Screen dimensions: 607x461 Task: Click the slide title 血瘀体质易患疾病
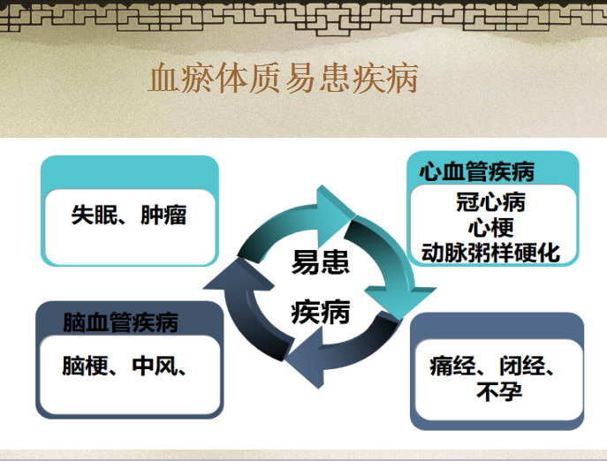coord(283,79)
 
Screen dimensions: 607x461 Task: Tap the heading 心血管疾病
coord(477,171)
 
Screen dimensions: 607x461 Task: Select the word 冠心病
coord(490,202)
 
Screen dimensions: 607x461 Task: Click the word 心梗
coord(491,228)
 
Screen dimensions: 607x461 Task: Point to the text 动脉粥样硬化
coord(490,253)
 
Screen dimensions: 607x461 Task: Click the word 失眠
coord(95,215)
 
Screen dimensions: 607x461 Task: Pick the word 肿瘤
coord(163,215)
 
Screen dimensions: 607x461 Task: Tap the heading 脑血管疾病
coord(120,322)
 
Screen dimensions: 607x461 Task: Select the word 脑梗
coord(85,366)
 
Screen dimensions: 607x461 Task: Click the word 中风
coord(155,366)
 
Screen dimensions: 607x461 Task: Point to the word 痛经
coord(452,366)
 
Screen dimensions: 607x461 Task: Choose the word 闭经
coord(522,366)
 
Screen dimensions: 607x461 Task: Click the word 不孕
coord(499,391)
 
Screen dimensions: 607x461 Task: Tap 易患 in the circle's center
coord(321,262)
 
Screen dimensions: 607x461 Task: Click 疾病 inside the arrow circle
coord(321,312)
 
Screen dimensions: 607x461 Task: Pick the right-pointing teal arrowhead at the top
coord(335,215)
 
